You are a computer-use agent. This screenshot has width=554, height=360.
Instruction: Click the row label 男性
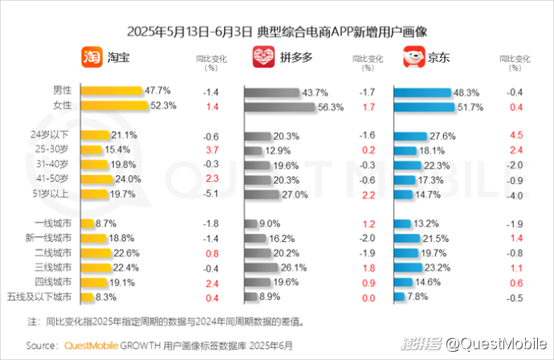click(62, 90)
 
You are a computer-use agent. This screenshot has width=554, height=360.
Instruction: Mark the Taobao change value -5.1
click(211, 193)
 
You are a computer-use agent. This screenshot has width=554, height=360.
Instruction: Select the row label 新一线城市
click(55, 238)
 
